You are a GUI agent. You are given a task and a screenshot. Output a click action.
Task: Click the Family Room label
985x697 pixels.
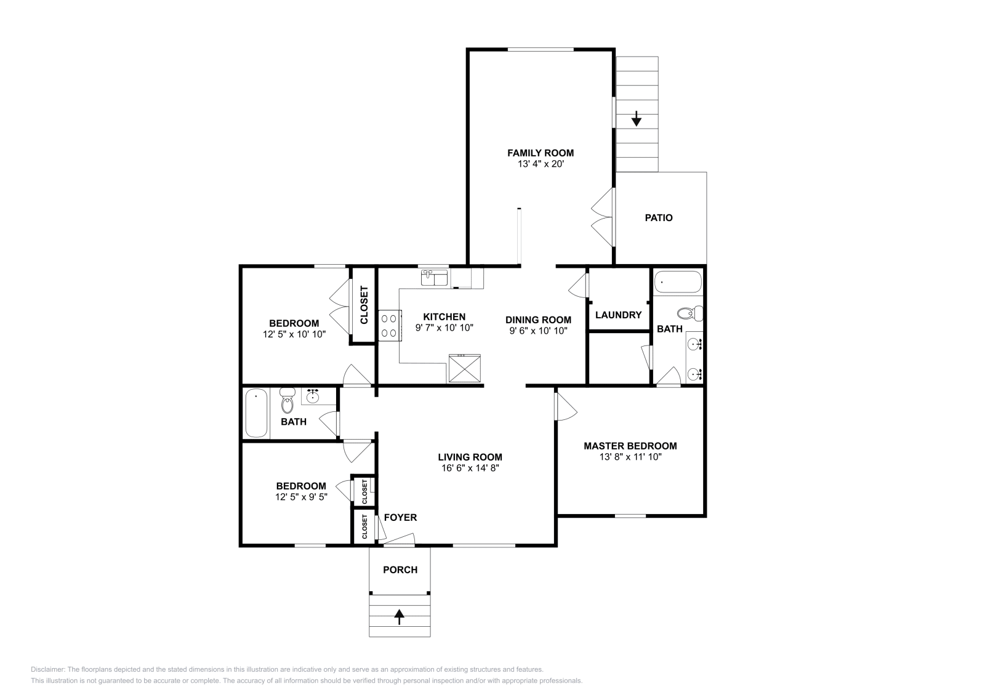coord(540,153)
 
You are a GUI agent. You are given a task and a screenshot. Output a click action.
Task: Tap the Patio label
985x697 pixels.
coord(658,217)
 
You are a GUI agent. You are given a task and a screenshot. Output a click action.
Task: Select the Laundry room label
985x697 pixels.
coord(618,315)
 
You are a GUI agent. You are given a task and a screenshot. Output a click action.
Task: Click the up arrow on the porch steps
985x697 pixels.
coord(400,616)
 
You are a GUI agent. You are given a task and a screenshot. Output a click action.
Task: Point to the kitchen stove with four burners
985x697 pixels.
coord(389,326)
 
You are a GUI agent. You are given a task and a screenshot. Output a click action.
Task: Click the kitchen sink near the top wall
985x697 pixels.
coord(434,278)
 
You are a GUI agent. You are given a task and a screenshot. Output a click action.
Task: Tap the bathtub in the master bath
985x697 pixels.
coord(677,282)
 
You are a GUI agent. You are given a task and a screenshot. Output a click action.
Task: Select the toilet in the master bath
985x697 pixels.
coord(691,313)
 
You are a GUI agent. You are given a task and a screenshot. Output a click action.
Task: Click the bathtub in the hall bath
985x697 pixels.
coord(255,412)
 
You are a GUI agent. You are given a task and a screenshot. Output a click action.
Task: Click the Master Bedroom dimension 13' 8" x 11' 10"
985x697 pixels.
coord(630,457)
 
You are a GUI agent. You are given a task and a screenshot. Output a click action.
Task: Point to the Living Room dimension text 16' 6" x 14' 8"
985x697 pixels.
coord(470,468)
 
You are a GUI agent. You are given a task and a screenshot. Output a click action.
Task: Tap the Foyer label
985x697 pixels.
coord(400,517)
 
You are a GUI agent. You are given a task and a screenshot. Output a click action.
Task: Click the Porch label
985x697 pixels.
coord(400,570)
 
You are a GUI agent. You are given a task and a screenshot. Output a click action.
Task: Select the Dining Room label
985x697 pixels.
coord(538,320)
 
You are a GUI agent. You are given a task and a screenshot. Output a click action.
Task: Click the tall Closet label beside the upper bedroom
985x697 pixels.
coord(364,305)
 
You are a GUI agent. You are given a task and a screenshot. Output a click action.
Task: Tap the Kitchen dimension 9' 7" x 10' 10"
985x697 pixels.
coord(444,328)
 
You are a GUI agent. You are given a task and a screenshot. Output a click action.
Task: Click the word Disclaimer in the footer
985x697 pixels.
coord(47,669)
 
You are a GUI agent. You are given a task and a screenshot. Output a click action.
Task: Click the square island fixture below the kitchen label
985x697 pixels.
coord(465,369)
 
